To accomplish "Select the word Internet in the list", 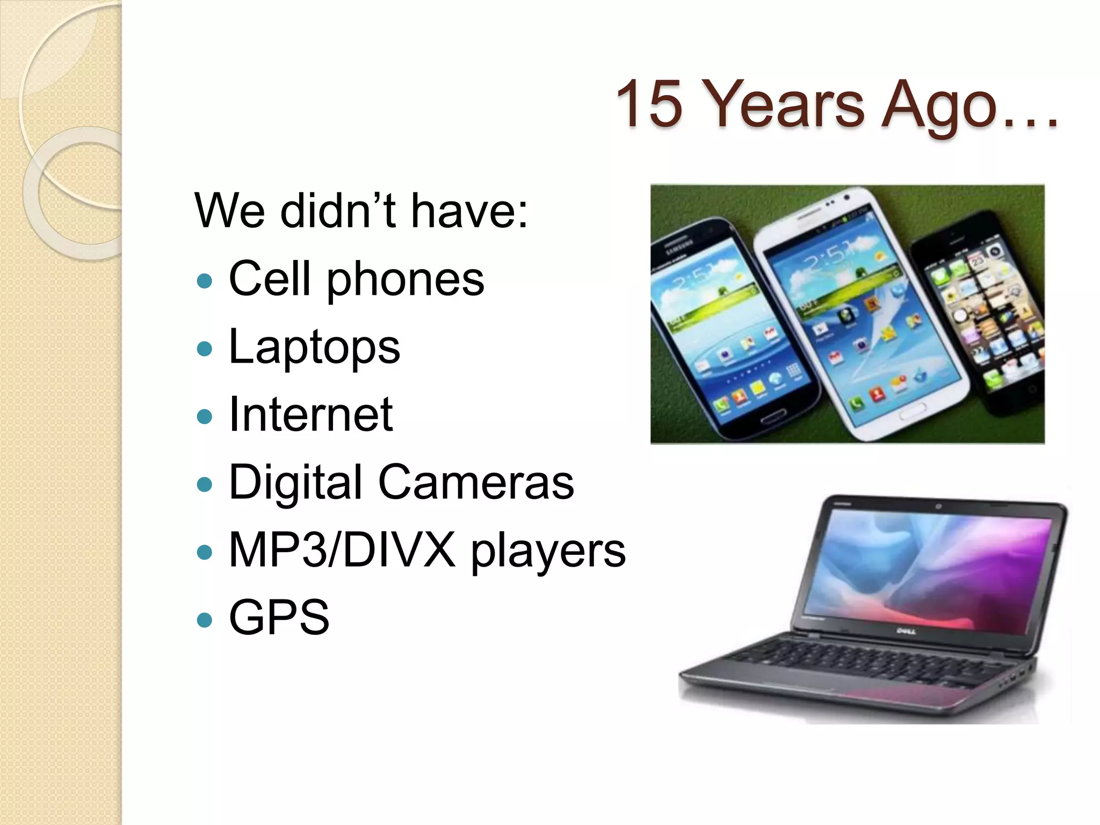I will coord(310,414).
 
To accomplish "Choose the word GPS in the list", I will coord(279,617).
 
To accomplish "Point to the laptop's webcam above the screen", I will coord(938,506).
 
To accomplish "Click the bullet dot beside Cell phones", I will coord(205,281).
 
